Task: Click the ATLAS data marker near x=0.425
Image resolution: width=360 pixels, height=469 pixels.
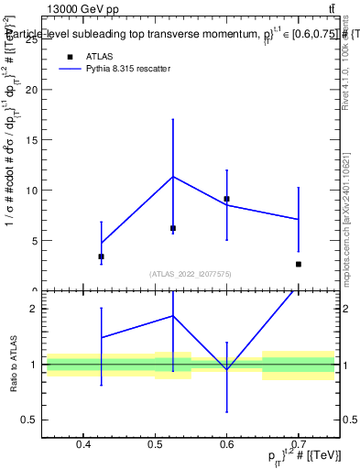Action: (x=101, y=256)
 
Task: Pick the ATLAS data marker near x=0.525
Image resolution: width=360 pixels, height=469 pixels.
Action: (x=172, y=228)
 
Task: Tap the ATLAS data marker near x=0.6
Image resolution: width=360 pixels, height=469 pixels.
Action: (x=226, y=199)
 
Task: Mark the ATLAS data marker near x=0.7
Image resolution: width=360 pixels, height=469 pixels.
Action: (x=298, y=264)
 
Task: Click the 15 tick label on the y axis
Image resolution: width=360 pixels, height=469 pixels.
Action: (x=34, y=140)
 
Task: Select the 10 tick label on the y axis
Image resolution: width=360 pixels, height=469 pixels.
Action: (x=34, y=191)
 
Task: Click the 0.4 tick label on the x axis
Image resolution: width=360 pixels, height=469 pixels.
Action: (x=83, y=445)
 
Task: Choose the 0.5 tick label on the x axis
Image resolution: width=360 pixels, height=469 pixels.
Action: (x=155, y=445)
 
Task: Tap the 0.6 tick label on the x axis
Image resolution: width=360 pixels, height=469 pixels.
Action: (x=226, y=445)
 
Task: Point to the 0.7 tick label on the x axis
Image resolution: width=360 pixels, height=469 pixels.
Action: (x=298, y=445)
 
